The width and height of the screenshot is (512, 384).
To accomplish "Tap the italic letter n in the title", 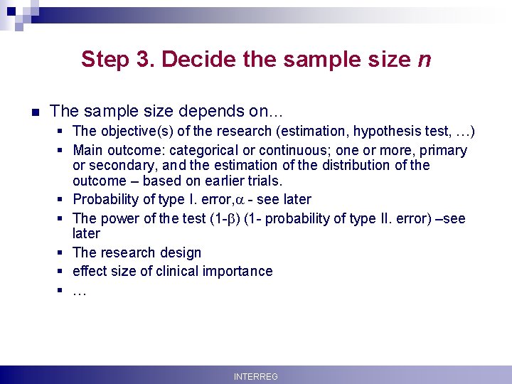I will [424, 58].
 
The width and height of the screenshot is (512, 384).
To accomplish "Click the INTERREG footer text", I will [256, 376].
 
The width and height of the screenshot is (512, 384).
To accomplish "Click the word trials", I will [262, 181].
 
